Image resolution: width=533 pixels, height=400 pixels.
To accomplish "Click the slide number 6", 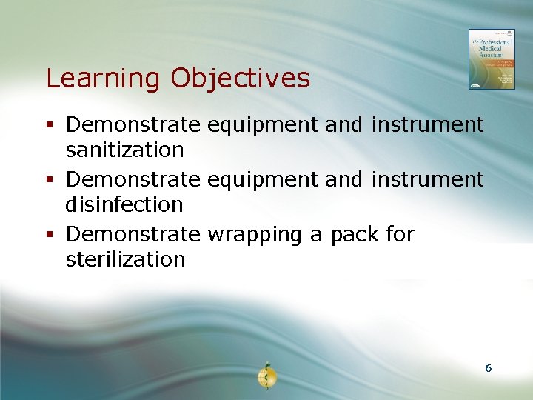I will (x=488, y=367).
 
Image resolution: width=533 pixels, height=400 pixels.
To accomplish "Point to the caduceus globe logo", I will (x=266, y=377).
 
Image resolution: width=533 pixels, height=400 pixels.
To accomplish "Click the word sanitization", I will (x=124, y=150).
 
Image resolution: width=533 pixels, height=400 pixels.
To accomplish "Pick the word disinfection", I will (x=124, y=204).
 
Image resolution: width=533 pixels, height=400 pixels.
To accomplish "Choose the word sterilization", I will (x=125, y=259).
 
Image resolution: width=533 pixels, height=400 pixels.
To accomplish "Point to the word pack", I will (x=355, y=235).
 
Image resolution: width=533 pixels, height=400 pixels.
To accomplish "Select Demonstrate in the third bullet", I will (x=133, y=235).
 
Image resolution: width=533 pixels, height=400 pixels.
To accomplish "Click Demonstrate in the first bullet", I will (x=133, y=124).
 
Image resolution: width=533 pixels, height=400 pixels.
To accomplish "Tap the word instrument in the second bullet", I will (x=427, y=179).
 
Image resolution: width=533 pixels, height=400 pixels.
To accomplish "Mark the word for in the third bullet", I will (x=400, y=235).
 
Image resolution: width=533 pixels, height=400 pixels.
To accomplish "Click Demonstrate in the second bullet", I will (x=133, y=179).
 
